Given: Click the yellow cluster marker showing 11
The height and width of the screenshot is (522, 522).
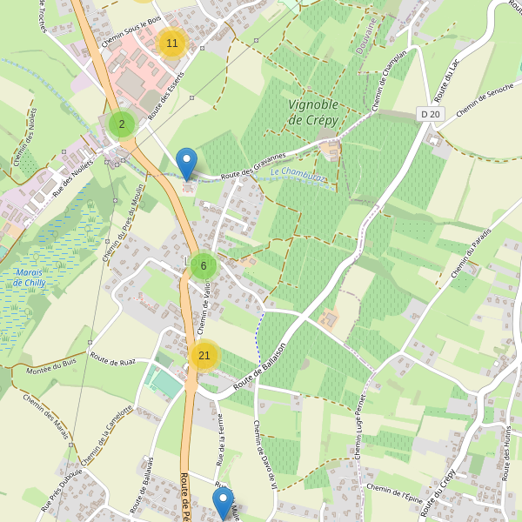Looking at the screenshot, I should tap(172, 43).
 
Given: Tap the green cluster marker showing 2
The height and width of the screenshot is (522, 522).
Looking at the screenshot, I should tap(122, 124).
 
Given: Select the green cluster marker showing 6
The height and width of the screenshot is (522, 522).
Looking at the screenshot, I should tap(203, 266).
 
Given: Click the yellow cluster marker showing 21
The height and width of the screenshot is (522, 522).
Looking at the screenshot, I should tap(204, 355).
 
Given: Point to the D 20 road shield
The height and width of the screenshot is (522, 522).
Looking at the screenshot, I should tap(429, 114).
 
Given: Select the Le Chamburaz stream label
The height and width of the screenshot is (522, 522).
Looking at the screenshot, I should tap(298, 175).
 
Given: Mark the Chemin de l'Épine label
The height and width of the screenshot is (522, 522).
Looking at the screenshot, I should tap(394, 492).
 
